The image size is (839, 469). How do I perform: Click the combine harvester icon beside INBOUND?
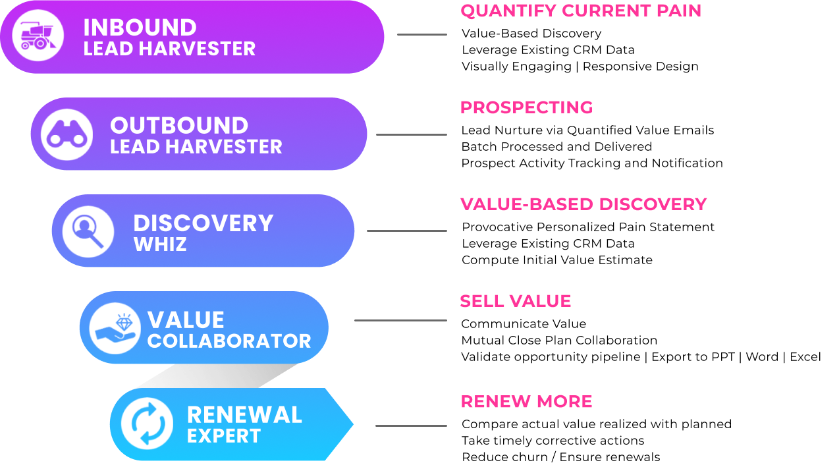pos(38,36)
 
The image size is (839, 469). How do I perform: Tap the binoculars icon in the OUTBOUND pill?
pos(67,134)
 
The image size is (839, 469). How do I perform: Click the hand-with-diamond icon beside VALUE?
pos(115,329)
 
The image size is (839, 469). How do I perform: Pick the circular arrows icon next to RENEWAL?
pos(148,424)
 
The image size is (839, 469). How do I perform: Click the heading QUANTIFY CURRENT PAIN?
pos(581,11)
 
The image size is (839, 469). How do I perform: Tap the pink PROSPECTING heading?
pos(527,108)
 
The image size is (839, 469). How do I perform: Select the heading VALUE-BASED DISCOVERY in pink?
pos(583,205)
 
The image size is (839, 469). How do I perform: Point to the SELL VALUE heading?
pos(516,301)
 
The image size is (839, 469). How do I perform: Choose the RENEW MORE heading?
pos(526,402)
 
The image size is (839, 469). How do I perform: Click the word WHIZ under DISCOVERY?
pos(160,244)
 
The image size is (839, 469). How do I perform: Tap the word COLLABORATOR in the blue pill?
pos(229,341)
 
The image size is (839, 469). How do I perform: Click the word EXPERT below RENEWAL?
pos(224,435)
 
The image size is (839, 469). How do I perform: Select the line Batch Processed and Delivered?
pos(556,146)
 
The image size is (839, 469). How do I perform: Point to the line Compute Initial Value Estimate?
pos(557,260)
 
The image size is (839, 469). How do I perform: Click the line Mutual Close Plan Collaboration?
pos(559,340)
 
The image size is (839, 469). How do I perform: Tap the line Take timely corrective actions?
pos(553,441)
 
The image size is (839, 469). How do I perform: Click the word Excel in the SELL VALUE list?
pos(805,357)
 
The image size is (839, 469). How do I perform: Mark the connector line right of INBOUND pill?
pos(422,34)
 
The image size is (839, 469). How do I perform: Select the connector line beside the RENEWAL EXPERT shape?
pos(411,426)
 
